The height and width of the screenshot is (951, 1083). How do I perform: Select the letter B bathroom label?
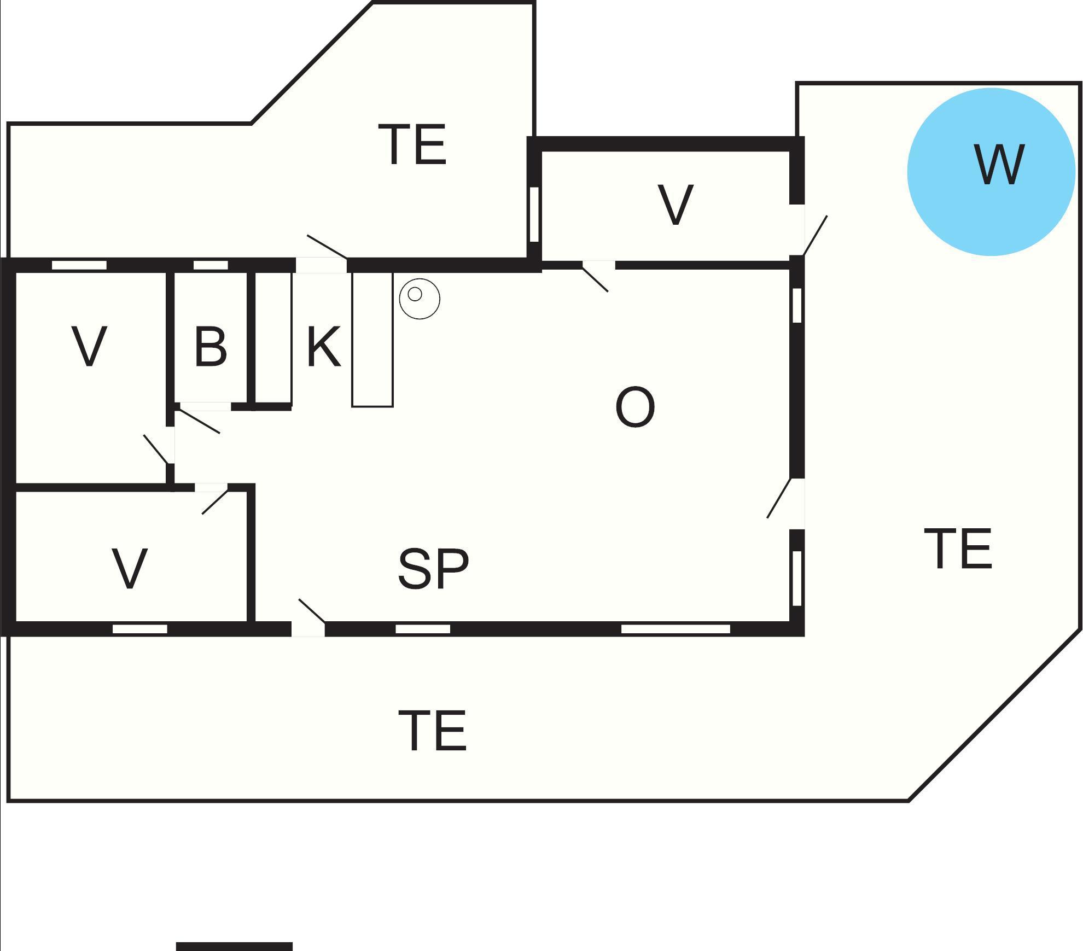[211, 347]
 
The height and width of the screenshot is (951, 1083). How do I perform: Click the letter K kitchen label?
[324, 347]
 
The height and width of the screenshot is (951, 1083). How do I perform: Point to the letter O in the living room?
[635, 407]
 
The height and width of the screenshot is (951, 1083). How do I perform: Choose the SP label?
[433, 569]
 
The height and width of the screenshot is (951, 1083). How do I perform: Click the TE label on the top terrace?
[412, 144]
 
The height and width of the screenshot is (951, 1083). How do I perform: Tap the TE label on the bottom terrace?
[432, 731]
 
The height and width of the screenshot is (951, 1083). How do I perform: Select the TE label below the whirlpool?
[958, 549]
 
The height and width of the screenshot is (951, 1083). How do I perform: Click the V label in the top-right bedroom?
[676, 205]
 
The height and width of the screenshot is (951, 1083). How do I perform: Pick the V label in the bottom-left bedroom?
[130, 569]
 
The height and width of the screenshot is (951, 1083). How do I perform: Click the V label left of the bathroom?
[89, 347]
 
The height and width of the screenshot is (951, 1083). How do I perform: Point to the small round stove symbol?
[420, 299]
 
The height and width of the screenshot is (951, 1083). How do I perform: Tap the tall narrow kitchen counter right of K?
[372, 339]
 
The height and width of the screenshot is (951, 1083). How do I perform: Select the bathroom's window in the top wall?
[211, 265]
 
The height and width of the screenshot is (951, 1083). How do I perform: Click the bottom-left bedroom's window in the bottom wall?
[139, 629]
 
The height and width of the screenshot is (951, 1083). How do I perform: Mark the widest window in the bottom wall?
[676, 629]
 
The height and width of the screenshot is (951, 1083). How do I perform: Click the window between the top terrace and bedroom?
[534, 214]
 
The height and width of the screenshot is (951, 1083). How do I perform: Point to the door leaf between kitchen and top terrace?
[327, 247]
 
